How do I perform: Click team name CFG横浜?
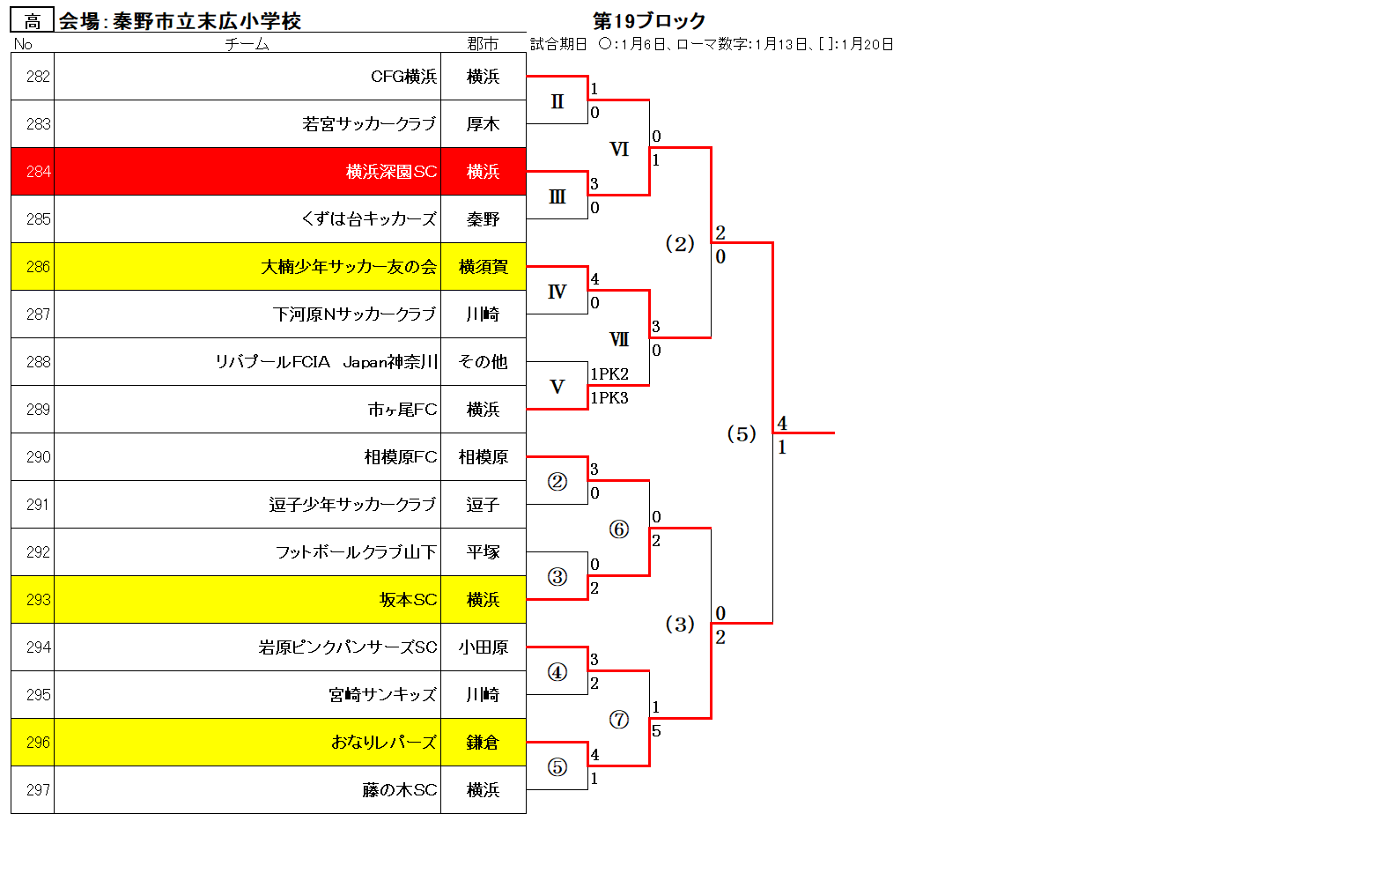click(x=403, y=77)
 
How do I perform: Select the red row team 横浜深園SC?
click(x=391, y=172)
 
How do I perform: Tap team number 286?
click(x=38, y=267)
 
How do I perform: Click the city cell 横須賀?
click(x=484, y=267)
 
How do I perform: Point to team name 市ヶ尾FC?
click(x=402, y=409)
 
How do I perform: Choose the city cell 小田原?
click(x=484, y=647)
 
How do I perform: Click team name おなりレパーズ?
click(x=384, y=742)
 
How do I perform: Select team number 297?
click(x=38, y=789)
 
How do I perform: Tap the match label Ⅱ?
click(x=557, y=101)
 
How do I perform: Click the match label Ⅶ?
click(x=619, y=339)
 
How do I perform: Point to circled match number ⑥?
click(x=619, y=529)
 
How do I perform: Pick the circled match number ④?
click(x=557, y=671)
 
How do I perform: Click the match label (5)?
click(x=742, y=433)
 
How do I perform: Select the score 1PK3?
click(x=609, y=397)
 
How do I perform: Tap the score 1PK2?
click(x=609, y=374)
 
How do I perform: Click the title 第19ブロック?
click(x=649, y=20)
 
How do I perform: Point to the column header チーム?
click(x=247, y=44)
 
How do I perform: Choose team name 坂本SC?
click(x=408, y=599)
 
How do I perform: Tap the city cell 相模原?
click(x=484, y=457)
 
